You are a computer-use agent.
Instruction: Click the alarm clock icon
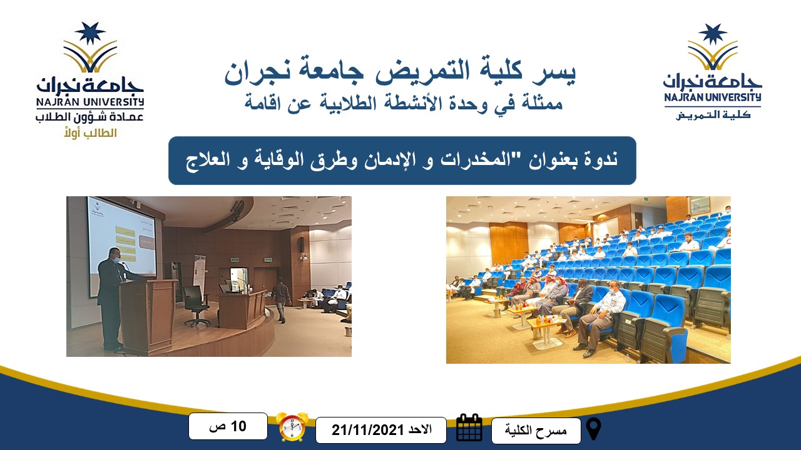pyautogui.click(x=292, y=427)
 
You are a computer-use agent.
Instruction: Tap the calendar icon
pyautogui.click(x=469, y=428)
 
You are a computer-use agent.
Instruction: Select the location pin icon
pyautogui.click(x=594, y=429)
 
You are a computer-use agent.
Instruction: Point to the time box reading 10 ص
pyautogui.click(x=228, y=426)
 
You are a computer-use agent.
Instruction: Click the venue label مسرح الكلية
pyautogui.click(x=536, y=430)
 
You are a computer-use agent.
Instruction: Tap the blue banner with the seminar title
pyautogui.click(x=402, y=161)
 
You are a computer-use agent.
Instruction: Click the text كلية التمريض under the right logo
pyautogui.click(x=713, y=115)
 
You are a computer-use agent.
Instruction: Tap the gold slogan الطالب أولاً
pyautogui.click(x=91, y=133)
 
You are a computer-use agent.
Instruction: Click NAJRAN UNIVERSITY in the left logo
pyautogui.click(x=89, y=102)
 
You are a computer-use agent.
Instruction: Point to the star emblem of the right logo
pyautogui.click(x=713, y=34)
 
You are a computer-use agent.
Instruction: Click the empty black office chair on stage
pyautogui.click(x=196, y=306)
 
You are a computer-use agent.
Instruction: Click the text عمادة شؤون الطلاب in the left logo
pyautogui.click(x=89, y=117)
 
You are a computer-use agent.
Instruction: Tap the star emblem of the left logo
pyautogui.click(x=90, y=33)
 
